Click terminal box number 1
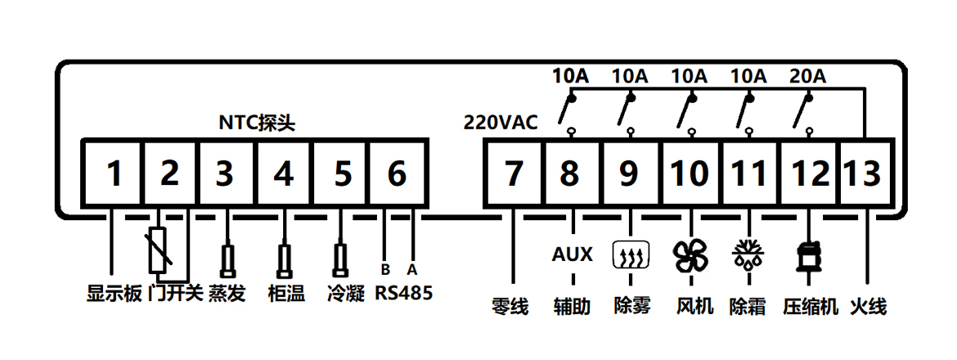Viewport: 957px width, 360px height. pyautogui.click(x=114, y=173)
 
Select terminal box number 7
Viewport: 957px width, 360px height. pyautogui.click(x=513, y=173)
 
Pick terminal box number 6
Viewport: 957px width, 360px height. pyautogui.click(x=397, y=173)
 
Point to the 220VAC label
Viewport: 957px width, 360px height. pyautogui.click(x=501, y=124)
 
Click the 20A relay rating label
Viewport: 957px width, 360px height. pyautogui.click(x=807, y=77)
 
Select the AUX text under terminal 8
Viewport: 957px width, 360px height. pyautogui.click(x=573, y=254)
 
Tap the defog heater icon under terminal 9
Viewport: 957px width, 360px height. pyautogui.click(x=631, y=257)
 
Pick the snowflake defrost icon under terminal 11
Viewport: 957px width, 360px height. pyautogui.click(x=748, y=255)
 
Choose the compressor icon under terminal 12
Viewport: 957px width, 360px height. pyautogui.click(x=809, y=256)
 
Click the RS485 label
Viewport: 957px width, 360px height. pyautogui.click(x=404, y=293)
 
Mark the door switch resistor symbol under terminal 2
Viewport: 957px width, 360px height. pyautogui.click(x=159, y=250)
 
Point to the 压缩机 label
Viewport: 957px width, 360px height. pyautogui.click(x=811, y=307)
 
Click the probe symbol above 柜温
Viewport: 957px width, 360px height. pyautogui.click(x=284, y=260)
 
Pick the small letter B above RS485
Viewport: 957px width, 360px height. pyautogui.click(x=385, y=269)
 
